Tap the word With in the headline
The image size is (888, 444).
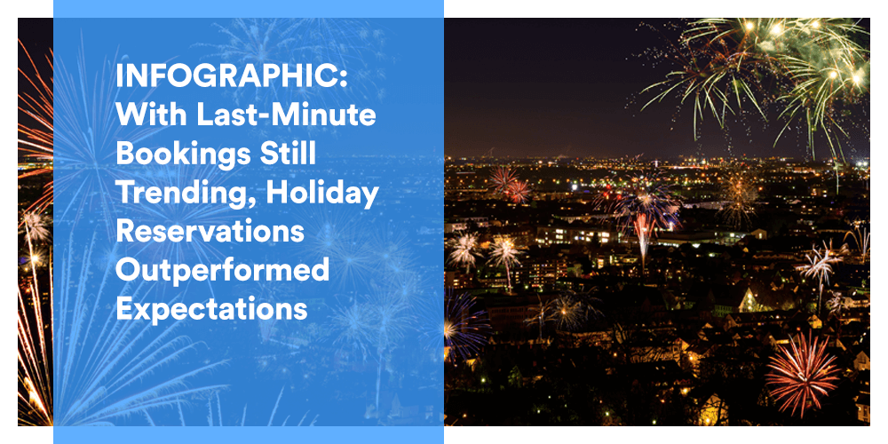(151, 115)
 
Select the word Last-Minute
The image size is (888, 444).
(286, 115)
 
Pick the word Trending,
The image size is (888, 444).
(184, 194)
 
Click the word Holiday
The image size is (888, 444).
(321, 194)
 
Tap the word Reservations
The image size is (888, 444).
(210, 232)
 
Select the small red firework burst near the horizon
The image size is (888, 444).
(511, 185)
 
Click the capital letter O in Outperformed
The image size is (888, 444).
(128, 270)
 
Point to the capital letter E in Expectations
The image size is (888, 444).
(123, 309)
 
